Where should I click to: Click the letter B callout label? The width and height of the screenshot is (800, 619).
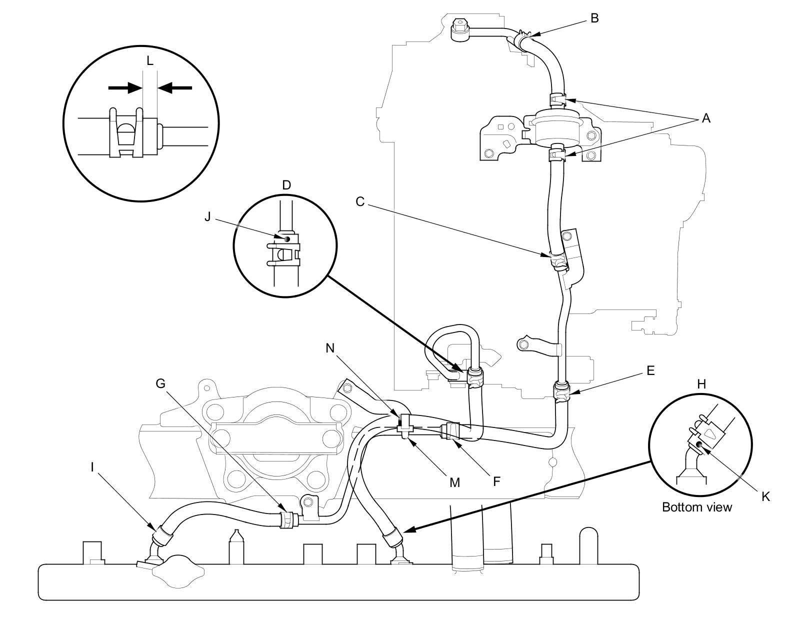click(594, 18)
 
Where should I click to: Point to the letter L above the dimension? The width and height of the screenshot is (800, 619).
click(150, 61)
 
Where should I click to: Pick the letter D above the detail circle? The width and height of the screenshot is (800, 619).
click(286, 185)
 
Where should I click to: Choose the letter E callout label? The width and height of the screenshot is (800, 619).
click(650, 370)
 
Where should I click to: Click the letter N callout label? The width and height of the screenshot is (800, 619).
click(330, 348)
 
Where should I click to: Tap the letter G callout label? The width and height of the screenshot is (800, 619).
click(160, 383)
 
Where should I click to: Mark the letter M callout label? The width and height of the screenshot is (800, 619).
click(454, 482)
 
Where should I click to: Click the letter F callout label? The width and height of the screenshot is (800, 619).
click(496, 481)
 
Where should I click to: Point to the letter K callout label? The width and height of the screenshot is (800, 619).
click(765, 496)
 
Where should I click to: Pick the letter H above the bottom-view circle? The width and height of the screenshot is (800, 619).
click(701, 384)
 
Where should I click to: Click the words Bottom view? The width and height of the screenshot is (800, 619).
click(696, 507)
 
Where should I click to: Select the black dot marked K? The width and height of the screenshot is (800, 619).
click(699, 444)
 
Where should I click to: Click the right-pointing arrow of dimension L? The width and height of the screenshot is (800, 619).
click(125, 87)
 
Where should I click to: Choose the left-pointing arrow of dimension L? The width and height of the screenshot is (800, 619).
click(175, 87)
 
